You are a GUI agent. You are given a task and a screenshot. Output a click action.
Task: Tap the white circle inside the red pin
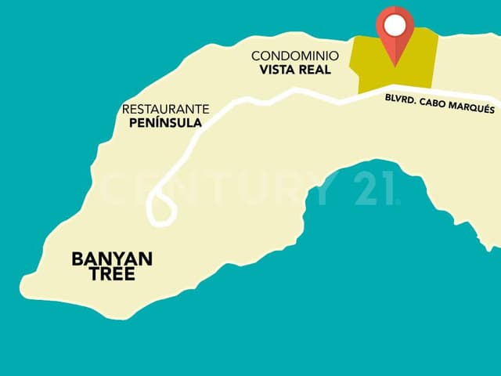[x=395, y=26]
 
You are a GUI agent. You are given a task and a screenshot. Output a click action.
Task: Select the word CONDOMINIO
[x=295, y=56]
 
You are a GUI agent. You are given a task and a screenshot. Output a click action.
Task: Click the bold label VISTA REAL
[x=295, y=70]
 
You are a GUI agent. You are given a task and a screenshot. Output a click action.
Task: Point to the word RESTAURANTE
[x=166, y=109]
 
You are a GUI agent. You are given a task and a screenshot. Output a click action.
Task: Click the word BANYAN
[x=112, y=259]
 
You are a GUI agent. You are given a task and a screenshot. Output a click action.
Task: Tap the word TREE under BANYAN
[x=112, y=274]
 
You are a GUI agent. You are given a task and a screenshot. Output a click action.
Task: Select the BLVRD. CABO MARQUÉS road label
[x=440, y=103]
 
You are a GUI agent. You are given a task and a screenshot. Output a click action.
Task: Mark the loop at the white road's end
[x=162, y=209]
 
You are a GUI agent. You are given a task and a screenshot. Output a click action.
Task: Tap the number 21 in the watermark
[x=376, y=188]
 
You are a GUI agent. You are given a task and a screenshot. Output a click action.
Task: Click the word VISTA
[x=277, y=70]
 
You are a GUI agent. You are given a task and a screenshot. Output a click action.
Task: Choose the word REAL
[x=314, y=70]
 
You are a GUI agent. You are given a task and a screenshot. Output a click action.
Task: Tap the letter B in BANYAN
[x=77, y=259]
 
